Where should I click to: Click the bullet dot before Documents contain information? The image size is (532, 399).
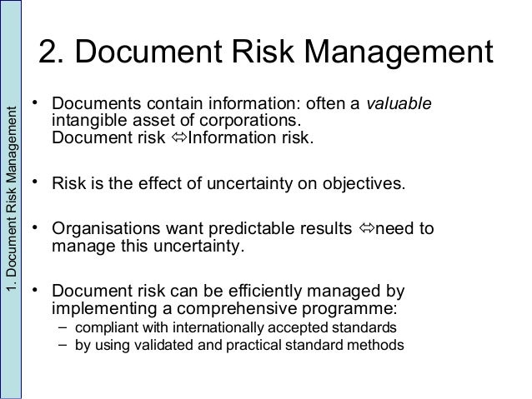[37, 102]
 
